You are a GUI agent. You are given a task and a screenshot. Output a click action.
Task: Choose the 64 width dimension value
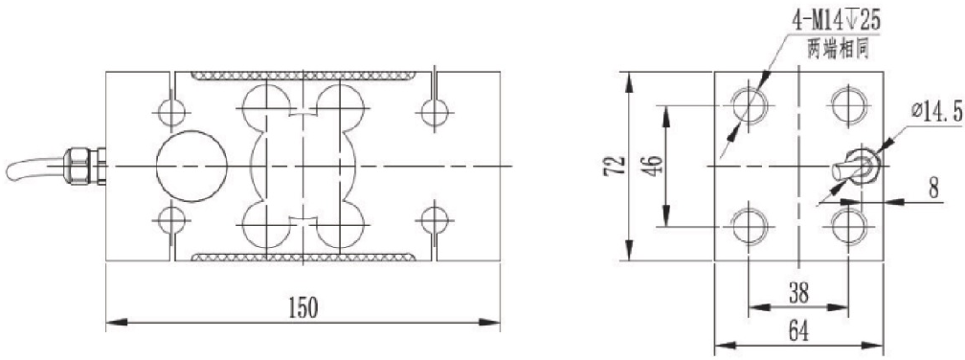coord(798,331)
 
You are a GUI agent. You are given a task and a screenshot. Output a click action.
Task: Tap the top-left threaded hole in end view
coord(748,102)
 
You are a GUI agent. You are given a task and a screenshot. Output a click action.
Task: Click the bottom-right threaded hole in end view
coord(848,227)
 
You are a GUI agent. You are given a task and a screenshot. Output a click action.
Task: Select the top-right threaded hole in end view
coord(848,102)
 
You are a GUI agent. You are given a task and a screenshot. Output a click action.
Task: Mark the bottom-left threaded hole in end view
coord(748,227)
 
